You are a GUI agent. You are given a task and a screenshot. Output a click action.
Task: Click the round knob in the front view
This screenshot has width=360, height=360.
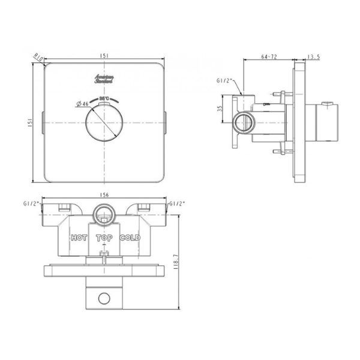pyautogui.click(x=104, y=123)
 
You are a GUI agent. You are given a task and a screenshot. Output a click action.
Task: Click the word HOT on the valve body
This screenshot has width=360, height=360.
pyautogui.click(x=79, y=238)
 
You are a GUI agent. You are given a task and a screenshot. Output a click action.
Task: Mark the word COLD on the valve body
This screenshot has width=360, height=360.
pyautogui.click(x=130, y=238)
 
